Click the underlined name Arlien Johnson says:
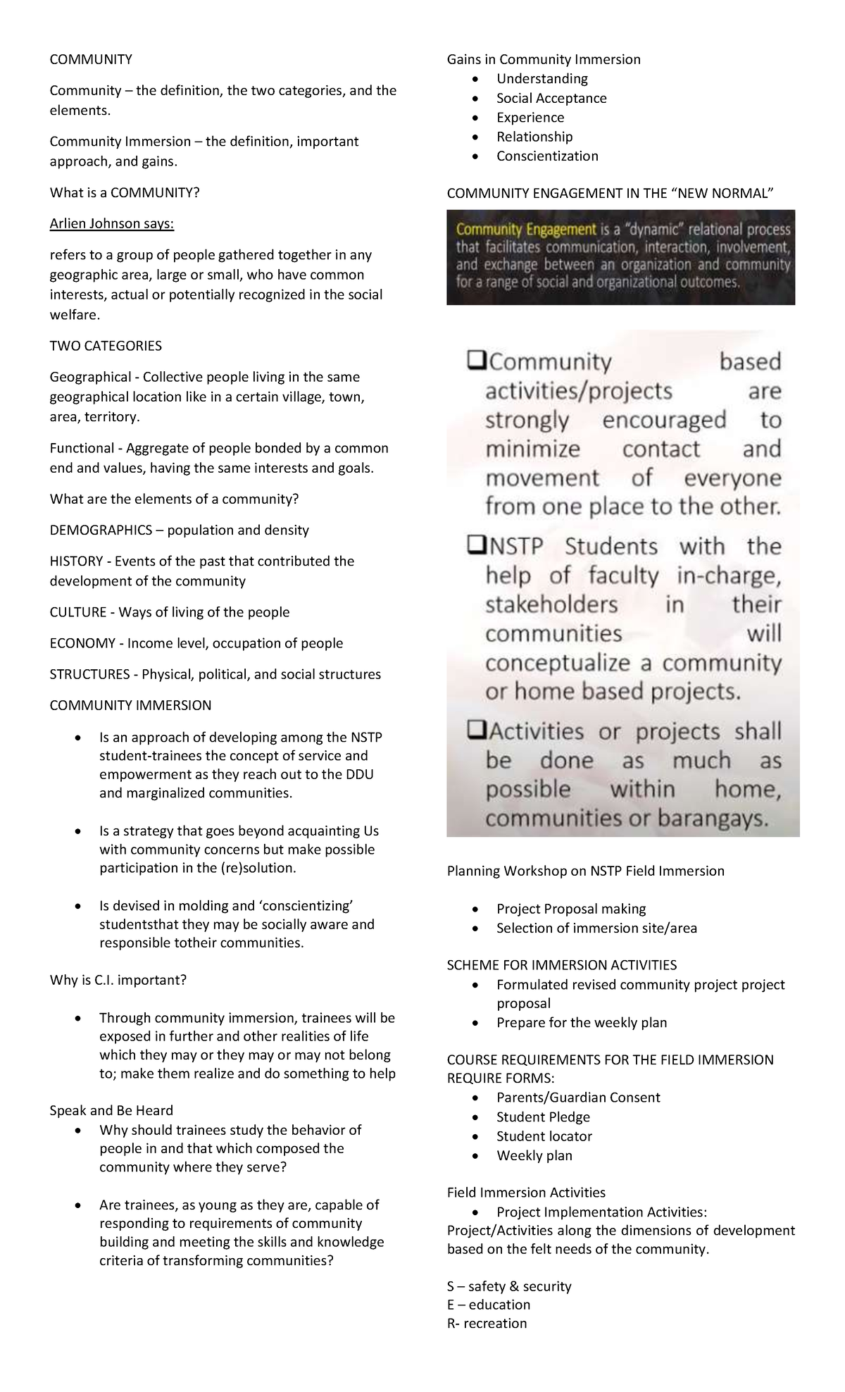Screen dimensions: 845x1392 [x=111, y=224]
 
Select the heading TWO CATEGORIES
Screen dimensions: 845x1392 [x=106, y=346]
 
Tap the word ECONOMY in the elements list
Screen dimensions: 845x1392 [x=82, y=643]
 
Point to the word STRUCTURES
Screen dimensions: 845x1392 [x=89, y=674]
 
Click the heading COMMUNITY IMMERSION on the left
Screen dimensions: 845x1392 [x=130, y=705]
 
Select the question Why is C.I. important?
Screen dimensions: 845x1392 [x=118, y=980]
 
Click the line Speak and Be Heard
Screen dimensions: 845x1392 [x=111, y=1110]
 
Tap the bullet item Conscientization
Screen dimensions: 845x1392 [x=547, y=156]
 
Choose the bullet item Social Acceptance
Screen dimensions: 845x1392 [x=551, y=98]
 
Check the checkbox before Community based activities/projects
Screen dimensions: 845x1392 [x=476, y=362]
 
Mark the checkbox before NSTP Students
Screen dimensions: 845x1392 [x=476, y=546]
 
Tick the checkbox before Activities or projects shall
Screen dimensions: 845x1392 [x=476, y=731]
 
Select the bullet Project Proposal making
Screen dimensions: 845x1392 [x=571, y=909]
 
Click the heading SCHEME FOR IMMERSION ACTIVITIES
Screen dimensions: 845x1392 [x=561, y=965]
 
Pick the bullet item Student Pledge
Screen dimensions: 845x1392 [x=543, y=1117]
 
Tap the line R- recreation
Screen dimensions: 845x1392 [x=487, y=1323]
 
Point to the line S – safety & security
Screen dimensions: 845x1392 [x=509, y=1286]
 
